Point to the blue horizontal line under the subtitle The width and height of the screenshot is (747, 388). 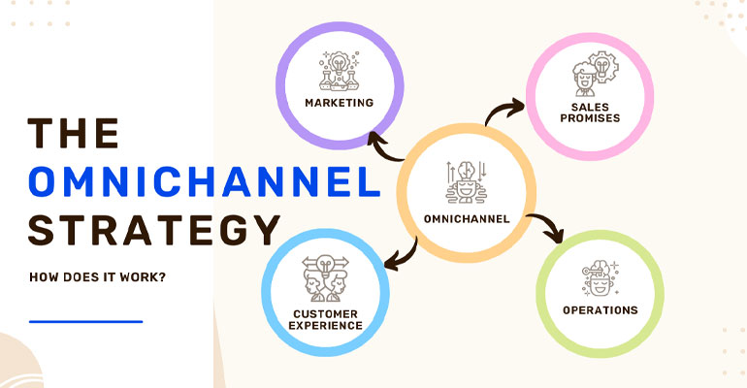[x=85, y=321]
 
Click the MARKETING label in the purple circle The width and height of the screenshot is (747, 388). [x=339, y=102]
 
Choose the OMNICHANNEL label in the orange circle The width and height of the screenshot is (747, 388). [x=467, y=217]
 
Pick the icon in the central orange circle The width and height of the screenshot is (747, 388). [x=466, y=180]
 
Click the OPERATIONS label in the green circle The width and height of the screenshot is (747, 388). [x=601, y=310]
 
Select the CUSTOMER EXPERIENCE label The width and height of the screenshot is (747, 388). [x=325, y=319]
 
